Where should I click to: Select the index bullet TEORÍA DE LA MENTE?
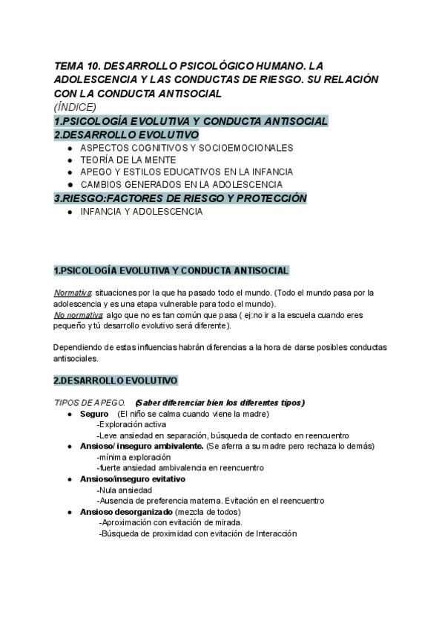click(128, 160)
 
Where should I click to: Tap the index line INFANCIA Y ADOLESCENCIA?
click(141, 212)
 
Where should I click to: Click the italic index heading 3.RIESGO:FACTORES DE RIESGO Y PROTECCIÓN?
click(180, 198)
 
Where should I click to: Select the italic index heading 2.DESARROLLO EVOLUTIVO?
click(126, 134)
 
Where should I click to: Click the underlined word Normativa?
click(73, 293)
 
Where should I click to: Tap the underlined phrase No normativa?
click(77, 315)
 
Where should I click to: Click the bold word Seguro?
click(94, 414)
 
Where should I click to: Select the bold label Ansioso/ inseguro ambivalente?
click(142, 446)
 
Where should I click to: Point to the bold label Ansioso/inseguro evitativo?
click(133, 479)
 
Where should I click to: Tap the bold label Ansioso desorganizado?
click(126, 512)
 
